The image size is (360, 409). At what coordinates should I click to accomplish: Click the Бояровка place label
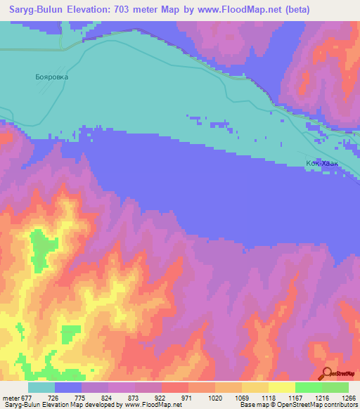coord(51,77)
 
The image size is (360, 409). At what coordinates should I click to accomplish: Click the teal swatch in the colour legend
coord(41,387)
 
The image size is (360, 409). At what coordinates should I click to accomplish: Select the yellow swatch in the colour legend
coord(282,387)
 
